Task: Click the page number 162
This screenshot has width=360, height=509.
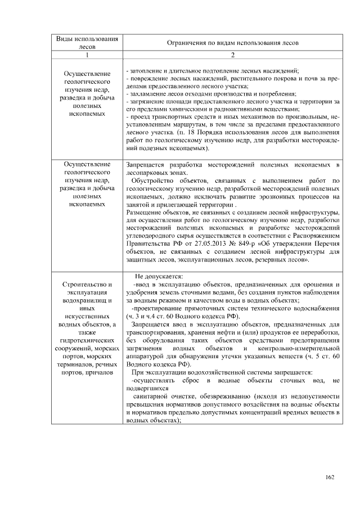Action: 330,478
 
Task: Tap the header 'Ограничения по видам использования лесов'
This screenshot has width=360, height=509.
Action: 233,43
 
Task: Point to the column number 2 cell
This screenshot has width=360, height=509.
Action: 233,56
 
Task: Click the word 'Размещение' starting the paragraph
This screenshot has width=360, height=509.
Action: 144,213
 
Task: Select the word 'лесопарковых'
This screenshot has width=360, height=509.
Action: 148,174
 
